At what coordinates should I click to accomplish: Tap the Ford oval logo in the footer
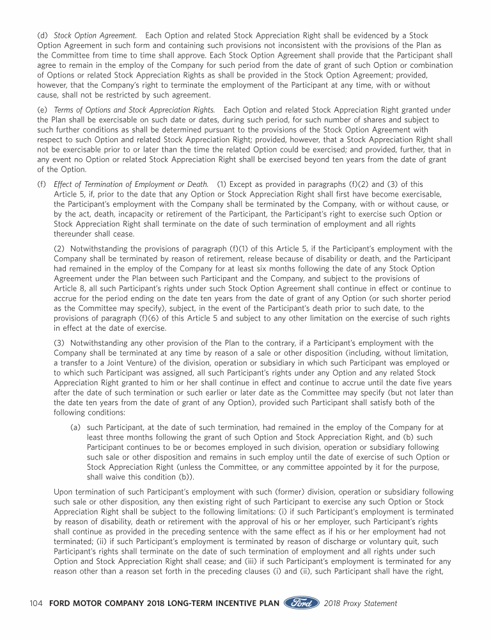(302, 604)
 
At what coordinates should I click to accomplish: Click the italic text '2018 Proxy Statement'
(361, 604)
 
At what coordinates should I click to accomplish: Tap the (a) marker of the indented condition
(75, 426)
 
